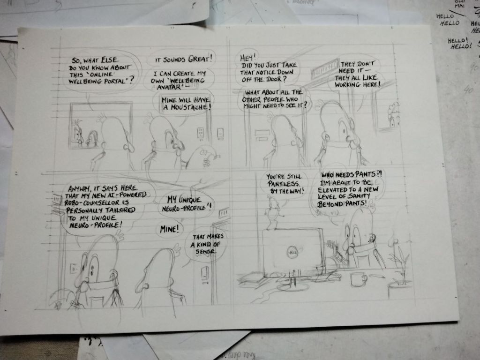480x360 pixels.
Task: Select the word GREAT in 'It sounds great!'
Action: coord(200,59)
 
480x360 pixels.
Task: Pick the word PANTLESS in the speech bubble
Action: coord(284,184)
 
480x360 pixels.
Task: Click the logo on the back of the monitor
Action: coord(292,253)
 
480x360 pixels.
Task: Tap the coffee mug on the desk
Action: coord(358,279)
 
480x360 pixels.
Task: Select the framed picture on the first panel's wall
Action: coord(101,126)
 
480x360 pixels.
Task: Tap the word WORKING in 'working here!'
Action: coord(347,84)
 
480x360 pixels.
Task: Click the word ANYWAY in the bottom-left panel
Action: coord(80,188)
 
